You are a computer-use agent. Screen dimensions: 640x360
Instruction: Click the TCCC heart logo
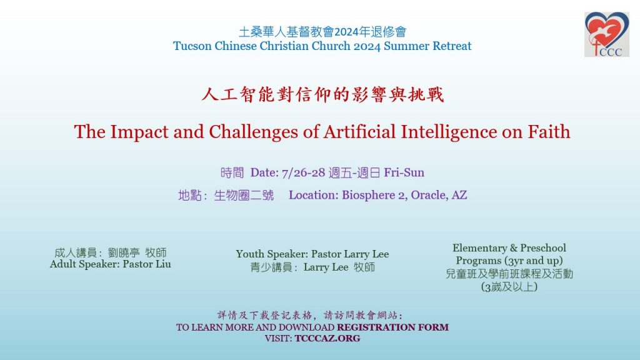pos(606,34)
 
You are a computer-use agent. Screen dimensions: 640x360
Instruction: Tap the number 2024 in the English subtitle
pos(367,46)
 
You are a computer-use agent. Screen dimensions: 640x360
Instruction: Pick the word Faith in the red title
pos(549,131)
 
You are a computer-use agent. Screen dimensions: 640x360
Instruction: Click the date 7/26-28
pos(303,172)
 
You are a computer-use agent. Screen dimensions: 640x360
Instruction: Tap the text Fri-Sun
pos(404,172)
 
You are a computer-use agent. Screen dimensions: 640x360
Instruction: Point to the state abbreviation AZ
pos(459,195)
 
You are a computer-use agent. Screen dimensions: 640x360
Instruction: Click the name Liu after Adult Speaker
pos(163,264)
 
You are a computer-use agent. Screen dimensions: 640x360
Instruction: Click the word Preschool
pos(543,247)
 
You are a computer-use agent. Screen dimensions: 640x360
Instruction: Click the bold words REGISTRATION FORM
pos(392,327)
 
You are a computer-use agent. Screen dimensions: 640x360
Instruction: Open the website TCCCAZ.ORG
pos(327,338)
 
